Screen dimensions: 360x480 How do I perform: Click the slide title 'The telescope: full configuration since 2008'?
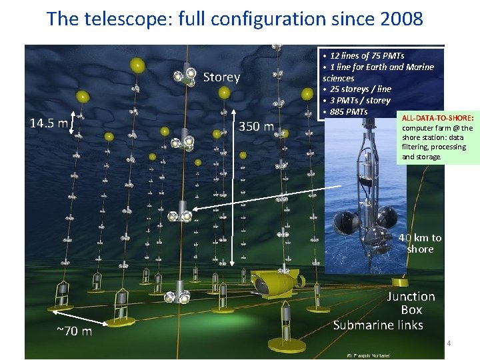235,18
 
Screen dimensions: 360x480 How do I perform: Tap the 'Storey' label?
221,77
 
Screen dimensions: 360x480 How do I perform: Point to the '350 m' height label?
257,127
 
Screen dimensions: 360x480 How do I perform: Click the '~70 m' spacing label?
74,331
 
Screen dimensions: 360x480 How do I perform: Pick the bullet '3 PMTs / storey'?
359,100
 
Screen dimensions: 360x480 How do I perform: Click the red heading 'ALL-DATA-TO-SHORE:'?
437,117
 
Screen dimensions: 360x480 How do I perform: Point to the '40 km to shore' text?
420,243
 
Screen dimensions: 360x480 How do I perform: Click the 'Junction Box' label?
411,303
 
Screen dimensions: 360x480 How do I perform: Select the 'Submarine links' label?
378,325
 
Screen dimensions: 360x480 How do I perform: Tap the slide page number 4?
449,343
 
